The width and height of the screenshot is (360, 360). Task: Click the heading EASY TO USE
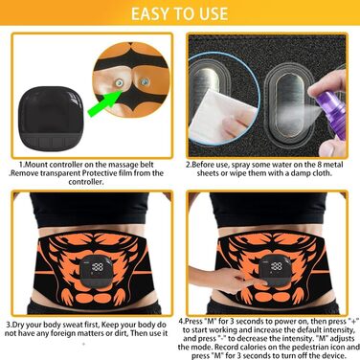(x=179, y=13)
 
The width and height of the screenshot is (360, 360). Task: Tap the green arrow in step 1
(x=104, y=102)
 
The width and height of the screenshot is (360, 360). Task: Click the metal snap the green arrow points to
(x=120, y=83)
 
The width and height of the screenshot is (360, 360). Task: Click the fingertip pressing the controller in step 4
(x=264, y=281)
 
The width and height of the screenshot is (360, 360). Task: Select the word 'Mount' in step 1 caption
(x=36, y=165)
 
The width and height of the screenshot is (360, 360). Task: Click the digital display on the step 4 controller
(x=277, y=266)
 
